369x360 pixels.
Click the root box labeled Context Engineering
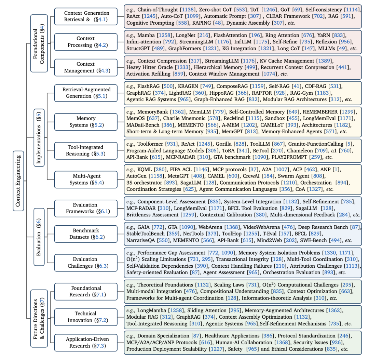point(18,181)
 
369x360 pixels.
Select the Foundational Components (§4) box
point(39,43)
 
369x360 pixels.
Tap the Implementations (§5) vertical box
point(39,138)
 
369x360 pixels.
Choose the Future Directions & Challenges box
point(39,319)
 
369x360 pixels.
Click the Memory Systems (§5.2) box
point(86,122)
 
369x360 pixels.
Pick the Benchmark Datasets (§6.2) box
point(86,234)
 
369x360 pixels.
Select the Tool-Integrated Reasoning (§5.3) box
point(86,151)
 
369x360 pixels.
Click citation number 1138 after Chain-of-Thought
point(188,10)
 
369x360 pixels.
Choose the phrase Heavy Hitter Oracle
point(149,67)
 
